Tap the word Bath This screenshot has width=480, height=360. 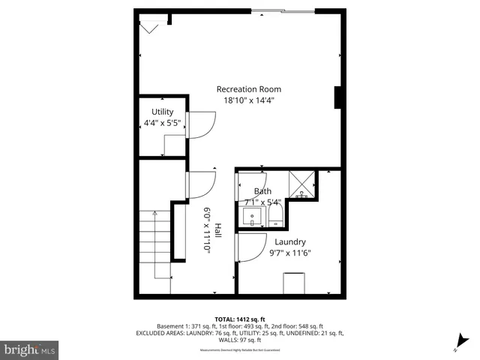[262, 191]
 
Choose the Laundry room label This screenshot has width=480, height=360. [289, 241]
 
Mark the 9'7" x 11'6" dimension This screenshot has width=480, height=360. [289, 253]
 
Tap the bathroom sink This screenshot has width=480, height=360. [253, 217]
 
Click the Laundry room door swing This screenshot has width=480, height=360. [251, 247]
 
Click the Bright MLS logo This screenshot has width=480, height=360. [30, 349]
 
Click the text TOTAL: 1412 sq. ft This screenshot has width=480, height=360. [240, 319]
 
